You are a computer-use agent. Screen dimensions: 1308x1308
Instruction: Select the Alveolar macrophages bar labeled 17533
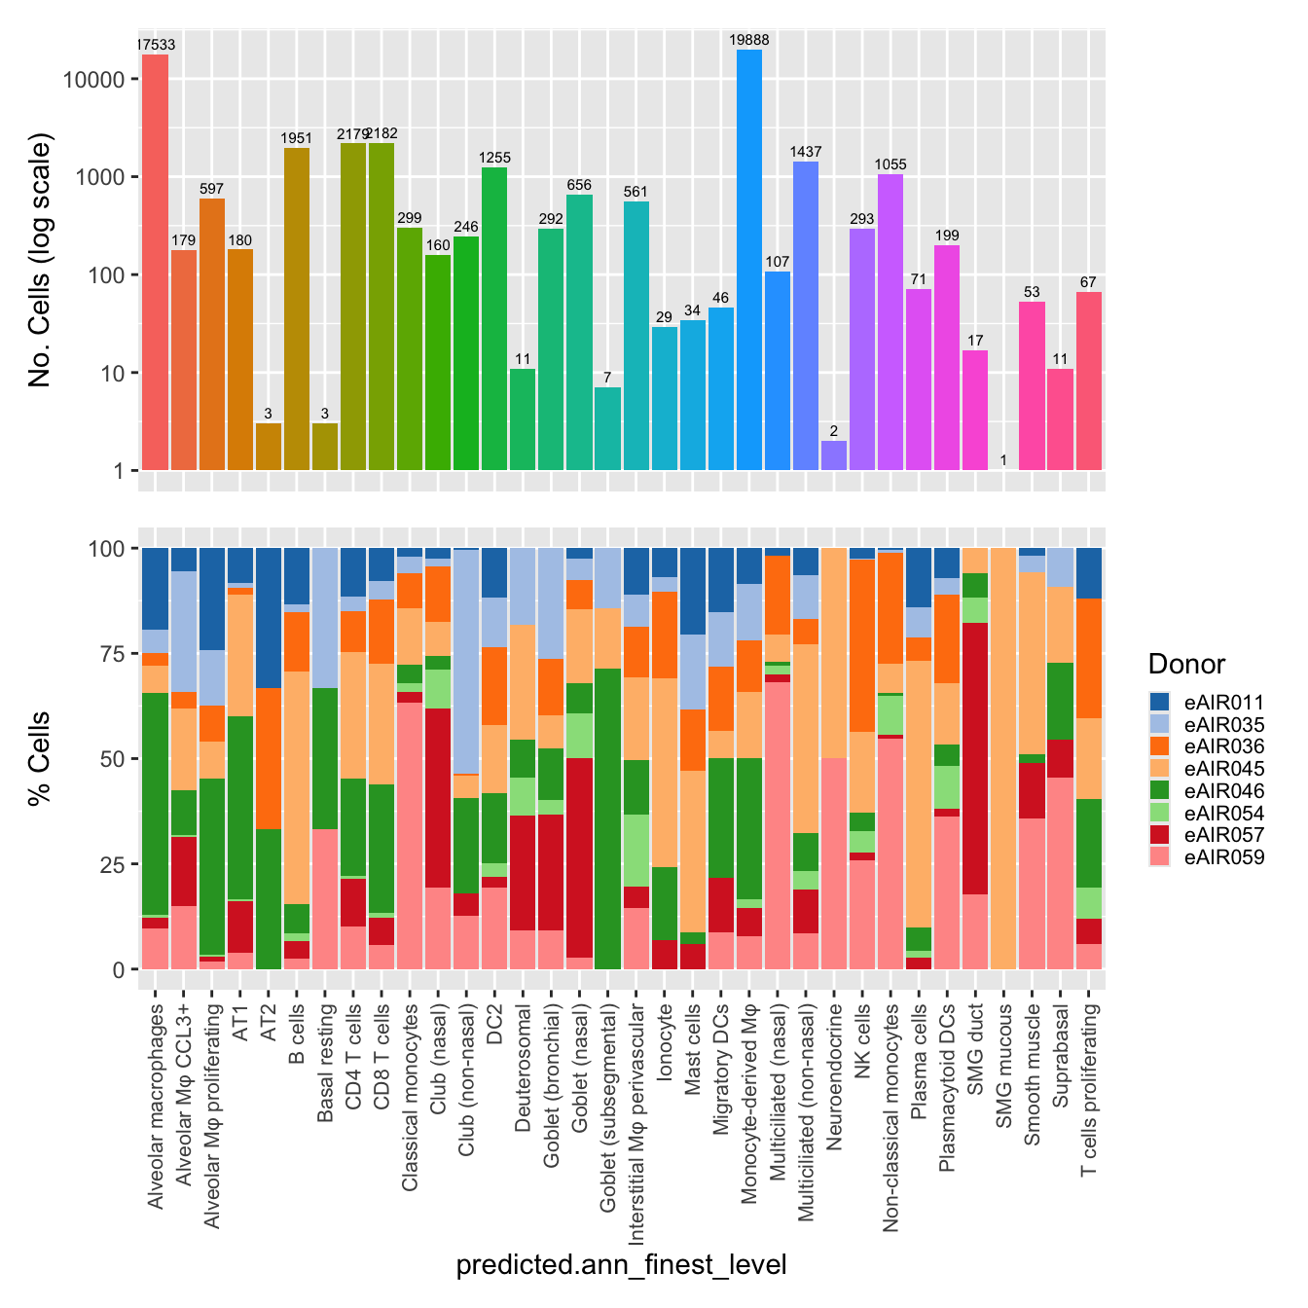point(156,263)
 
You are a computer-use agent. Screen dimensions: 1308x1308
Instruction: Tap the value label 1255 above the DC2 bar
point(494,158)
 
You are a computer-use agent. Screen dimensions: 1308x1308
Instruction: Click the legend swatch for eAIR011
point(1160,702)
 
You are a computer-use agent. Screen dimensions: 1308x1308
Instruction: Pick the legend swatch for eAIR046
point(1160,791)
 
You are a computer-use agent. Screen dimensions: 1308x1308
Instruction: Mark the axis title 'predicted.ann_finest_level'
point(621,1265)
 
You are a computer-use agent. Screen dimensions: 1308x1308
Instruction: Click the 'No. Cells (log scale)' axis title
point(40,260)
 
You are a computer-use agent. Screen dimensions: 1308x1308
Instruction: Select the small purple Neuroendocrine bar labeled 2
point(834,455)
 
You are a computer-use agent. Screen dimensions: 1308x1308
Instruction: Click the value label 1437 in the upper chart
point(806,152)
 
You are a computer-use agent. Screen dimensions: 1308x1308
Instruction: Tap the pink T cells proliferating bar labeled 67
point(1089,381)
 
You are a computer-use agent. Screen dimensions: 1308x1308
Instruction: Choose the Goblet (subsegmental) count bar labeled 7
point(607,428)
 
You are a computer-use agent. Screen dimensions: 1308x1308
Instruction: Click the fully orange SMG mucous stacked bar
point(1004,759)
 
